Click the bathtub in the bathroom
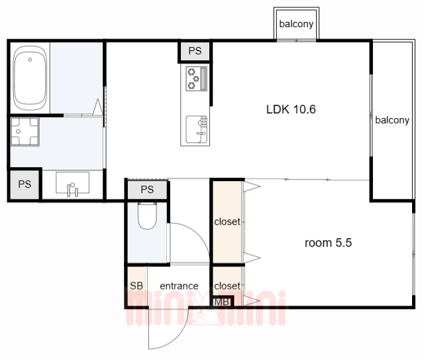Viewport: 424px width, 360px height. pyautogui.click(x=30, y=78)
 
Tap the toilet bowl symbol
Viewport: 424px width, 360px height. pyautogui.click(x=147, y=215)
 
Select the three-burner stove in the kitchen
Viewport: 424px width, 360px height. pyautogui.click(x=196, y=79)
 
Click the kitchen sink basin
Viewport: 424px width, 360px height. pyautogui.click(x=196, y=129)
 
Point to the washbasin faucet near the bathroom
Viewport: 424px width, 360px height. pyautogui.click(x=72, y=190)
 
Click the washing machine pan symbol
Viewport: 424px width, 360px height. pyautogui.click(x=25, y=132)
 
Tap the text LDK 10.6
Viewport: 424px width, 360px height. pyautogui.click(x=291, y=109)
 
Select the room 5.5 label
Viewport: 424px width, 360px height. pyautogui.click(x=329, y=243)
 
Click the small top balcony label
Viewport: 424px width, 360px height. pyautogui.click(x=296, y=24)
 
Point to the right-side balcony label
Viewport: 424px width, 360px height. pyautogui.click(x=392, y=120)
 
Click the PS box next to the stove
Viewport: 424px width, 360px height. pyautogui.click(x=195, y=51)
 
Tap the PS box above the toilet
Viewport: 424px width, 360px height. pyautogui.click(x=147, y=190)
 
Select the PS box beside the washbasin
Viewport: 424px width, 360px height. pyautogui.click(x=25, y=184)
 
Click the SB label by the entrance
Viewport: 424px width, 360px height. pyautogui.click(x=136, y=286)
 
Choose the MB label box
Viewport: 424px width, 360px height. pyautogui.click(x=221, y=302)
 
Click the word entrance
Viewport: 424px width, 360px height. pyautogui.click(x=179, y=286)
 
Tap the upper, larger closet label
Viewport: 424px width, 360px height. pyautogui.click(x=227, y=221)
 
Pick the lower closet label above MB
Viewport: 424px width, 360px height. pyautogui.click(x=227, y=286)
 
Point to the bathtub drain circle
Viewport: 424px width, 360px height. pyautogui.click(x=30, y=60)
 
